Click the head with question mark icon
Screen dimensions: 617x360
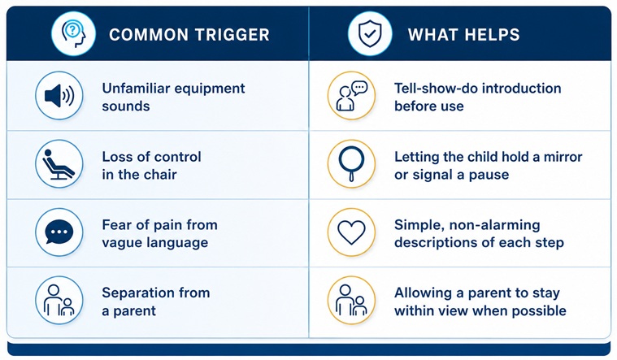coord(74,33)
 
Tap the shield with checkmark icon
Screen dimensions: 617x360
coord(370,33)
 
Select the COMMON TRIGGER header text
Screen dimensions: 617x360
coord(189,35)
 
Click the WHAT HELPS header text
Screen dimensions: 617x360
coord(463,35)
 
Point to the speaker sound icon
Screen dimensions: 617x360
coord(59,96)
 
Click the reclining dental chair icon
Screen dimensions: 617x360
coord(59,163)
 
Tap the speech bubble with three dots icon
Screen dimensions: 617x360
coord(59,232)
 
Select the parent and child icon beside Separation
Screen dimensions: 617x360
coord(59,301)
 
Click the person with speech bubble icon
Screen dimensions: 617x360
coord(351,96)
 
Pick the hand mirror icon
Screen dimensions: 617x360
coord(351,163)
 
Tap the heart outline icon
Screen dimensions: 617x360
coord(351,232)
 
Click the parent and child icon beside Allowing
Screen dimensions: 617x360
coord(351,301)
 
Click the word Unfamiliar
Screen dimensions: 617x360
coord(136,88)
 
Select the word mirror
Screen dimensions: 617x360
coord(563,157)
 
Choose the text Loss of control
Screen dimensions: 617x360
coord(151,157)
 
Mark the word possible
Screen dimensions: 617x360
coord(540,310)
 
